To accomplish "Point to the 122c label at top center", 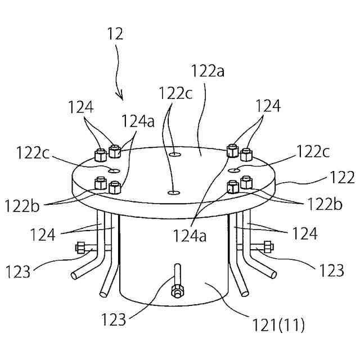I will (x=175, y=92).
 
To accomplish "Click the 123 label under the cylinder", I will (x=114, y=320).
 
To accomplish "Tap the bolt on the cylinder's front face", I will (x=177, y=290).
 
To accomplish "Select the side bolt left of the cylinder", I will (x=80, y=247).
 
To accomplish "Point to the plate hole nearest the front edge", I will (x=173, y=192).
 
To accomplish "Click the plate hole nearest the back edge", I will (x=175, y=152).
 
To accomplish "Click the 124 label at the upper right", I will (x=268, y=105).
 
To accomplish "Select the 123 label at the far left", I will (x=19, y=272).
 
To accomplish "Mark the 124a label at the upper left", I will (x=136, y=121).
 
